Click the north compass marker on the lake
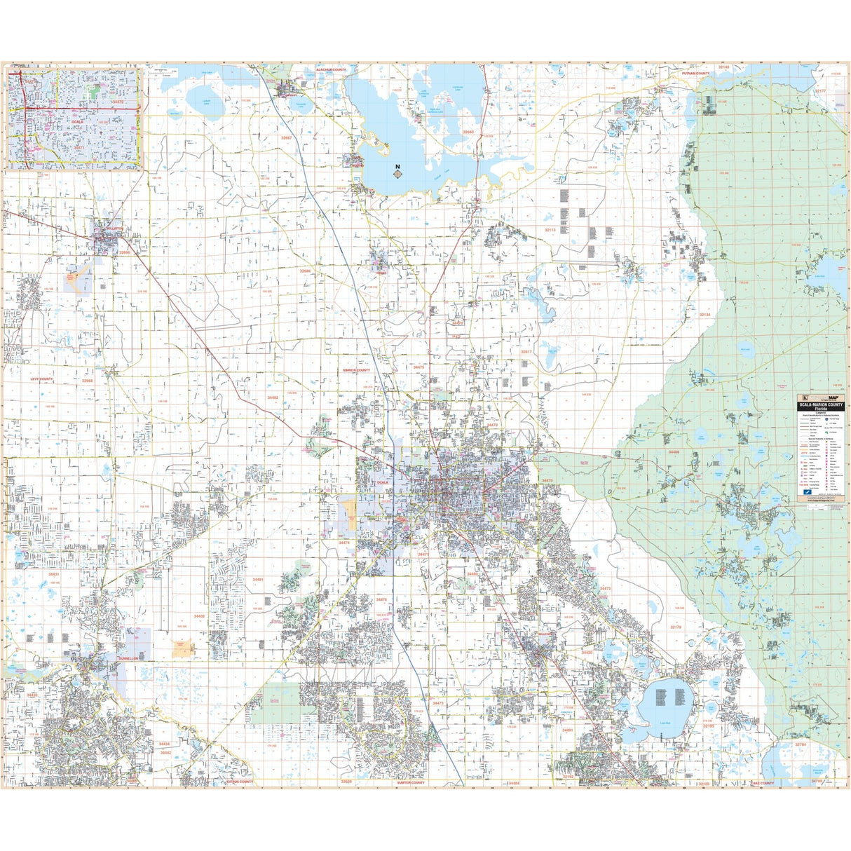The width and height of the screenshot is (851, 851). tap(397, 172)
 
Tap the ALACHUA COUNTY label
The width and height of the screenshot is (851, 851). tap(331, 70)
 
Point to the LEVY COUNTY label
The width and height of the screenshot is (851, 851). tap(41, 379)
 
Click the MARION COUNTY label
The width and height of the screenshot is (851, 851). tap(356, 369)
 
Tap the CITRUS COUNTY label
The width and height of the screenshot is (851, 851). tap(239, 781)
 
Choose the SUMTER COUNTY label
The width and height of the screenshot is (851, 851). tap(411, 782)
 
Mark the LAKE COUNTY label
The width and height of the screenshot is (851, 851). tap(762, 782)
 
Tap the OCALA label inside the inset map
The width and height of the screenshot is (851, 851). tap(76, 121)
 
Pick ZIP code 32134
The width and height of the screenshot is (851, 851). tap(704, 315)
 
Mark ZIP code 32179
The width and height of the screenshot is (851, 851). tap(676, 627)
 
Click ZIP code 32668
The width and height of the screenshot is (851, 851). tap(87, 381)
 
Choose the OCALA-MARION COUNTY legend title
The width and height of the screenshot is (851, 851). tap(819, 404)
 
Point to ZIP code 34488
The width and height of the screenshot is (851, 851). tap(673, 452)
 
